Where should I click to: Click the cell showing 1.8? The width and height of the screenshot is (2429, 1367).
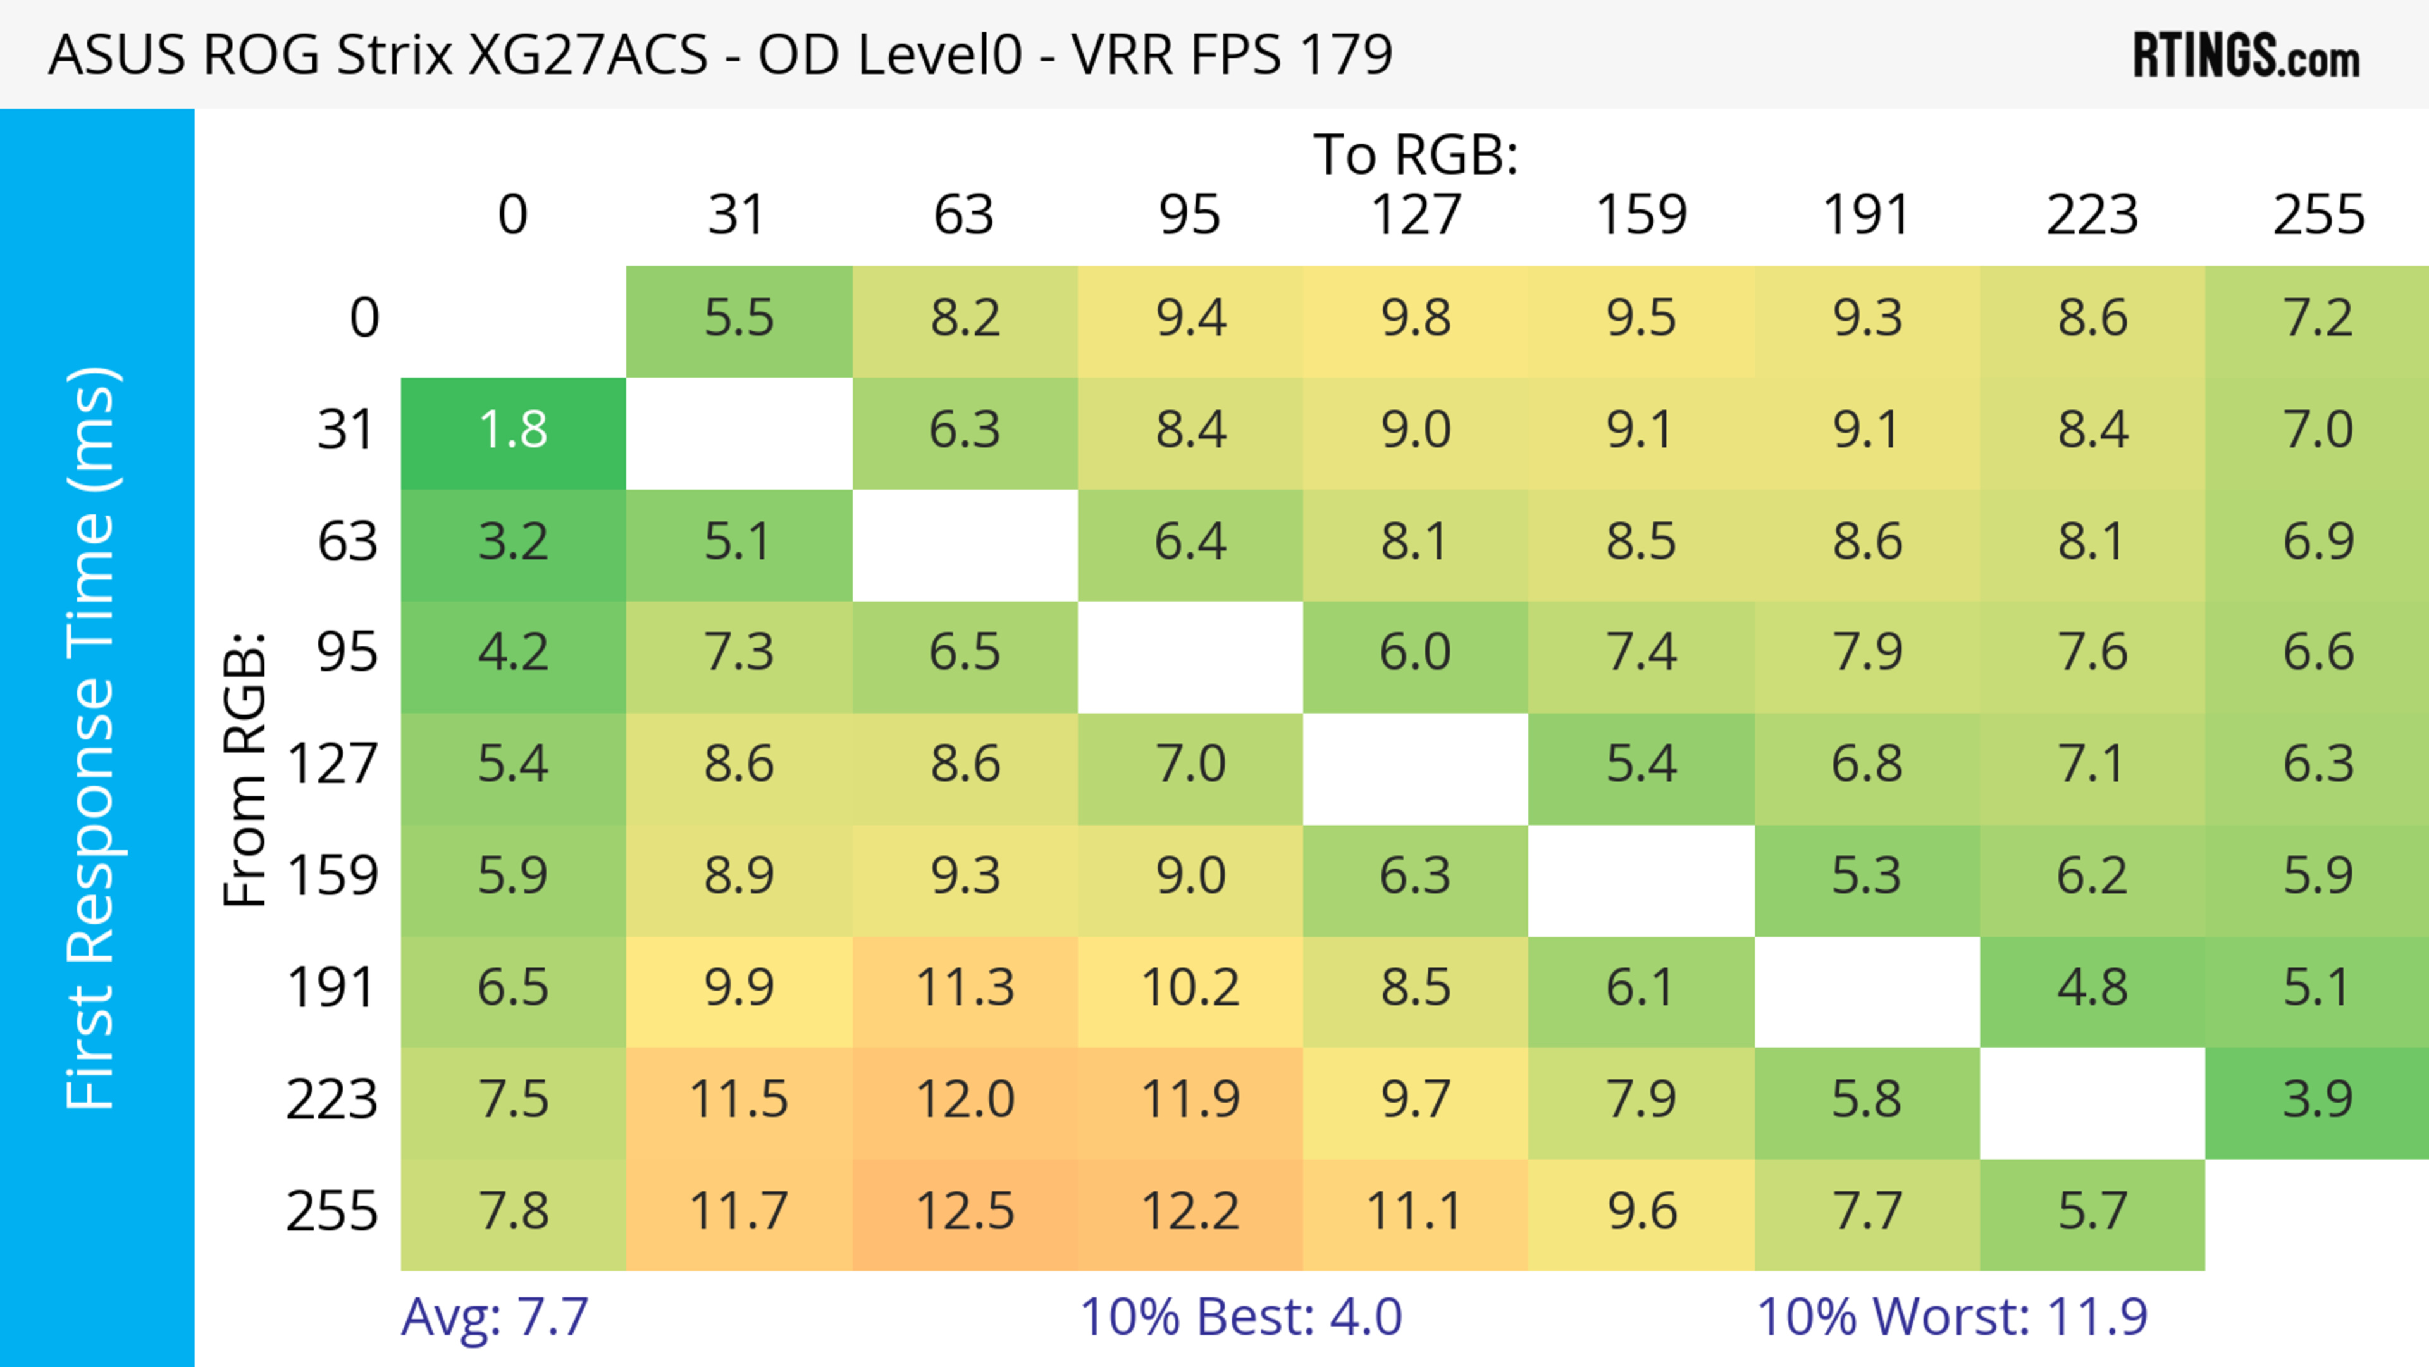(x=513, y=430)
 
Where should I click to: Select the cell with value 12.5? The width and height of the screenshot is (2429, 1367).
(x=965, y=1211)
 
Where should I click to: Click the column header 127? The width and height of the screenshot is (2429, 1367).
(x=1416, y=215)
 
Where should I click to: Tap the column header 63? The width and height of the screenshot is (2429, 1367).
(x=963, y=215)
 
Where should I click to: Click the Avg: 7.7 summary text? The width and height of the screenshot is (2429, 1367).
(x=495, y=1317)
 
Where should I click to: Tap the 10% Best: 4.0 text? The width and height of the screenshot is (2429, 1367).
(x=1241, y=1317)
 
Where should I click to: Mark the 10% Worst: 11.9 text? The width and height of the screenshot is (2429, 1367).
(x=1952, y=1317)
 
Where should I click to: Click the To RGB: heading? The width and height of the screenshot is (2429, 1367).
(x=1416, y=154)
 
